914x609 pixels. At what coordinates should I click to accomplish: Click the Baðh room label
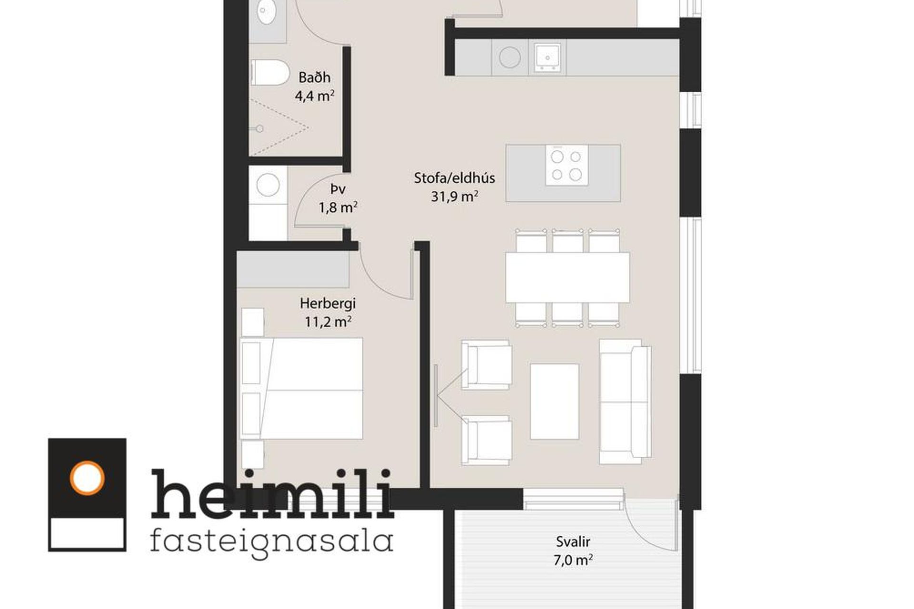pyautogui.click(x=314, y=77)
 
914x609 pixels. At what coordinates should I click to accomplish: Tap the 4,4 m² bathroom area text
pyautogui.click(x=314, y=96)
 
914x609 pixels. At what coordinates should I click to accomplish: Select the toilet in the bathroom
pyautogui.click(x=269, y=73)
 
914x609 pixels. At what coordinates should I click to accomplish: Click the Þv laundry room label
pyautogui.click(x=338, y=189)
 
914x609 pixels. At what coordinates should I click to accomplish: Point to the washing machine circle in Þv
pyautogui.click(x=268, y=185)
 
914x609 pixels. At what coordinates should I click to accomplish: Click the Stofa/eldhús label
pyautogui.click(x=454, y=178)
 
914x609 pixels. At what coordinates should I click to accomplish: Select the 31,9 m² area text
pyautogui.click(x=454, y=196)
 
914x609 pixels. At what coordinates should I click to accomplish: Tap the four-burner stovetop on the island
pyautogui.click(x=566, y=165)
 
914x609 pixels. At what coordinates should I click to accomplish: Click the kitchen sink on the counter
pyautogui.click(x=547, y=57)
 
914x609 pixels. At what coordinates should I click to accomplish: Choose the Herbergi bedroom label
pyautogui.click(x=328, y=303)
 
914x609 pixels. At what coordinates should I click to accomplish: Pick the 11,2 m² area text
pyautogui.click(x=328, y=322)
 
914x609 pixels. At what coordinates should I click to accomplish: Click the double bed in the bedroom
pyautogui.click(x=302, y=388)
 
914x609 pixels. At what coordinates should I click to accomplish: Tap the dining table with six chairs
pyautogui.click(x=567, y=277)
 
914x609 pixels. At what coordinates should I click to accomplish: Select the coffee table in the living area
pyautogui.click(x=555, y=402)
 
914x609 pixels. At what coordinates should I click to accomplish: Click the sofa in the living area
pyautogui.click(x=625, y=402)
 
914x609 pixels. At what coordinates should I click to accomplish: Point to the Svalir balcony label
pyautogui.click(x=573, y=541)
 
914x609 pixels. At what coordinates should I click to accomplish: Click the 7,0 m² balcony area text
pyautogui.click(x=573, y=560)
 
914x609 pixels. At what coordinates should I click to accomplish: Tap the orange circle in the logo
pyautogui.click(x=87, y=478)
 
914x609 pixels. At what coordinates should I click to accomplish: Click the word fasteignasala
pyautogui.click(x=271, y=542)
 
